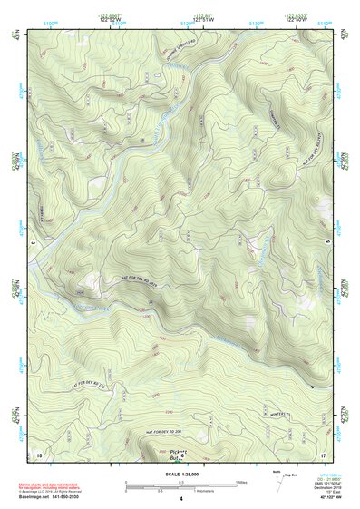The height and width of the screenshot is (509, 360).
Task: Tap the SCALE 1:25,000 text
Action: (x=180, y=475)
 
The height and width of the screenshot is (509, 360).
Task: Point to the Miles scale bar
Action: (x=180, y=484)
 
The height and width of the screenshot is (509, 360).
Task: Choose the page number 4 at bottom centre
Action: (x=180, y=499)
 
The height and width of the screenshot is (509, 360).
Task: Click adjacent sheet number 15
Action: (x=39, y=453)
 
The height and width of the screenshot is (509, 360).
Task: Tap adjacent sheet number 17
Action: (x=323, y=453)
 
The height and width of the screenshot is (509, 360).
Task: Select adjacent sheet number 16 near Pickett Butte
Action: (x=180, y=456)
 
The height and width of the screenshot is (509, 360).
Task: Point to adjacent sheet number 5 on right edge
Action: (x=326, y=242)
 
